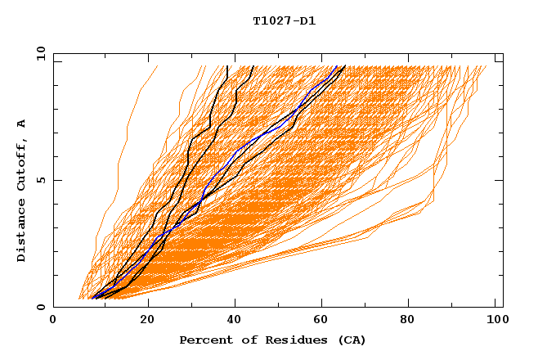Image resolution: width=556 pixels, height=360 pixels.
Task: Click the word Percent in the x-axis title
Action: (204, 340)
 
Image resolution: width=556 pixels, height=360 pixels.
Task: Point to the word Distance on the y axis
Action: (22, 230)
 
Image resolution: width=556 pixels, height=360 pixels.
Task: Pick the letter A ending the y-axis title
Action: (22, 124)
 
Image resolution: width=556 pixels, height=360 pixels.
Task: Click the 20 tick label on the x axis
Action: (147, 320)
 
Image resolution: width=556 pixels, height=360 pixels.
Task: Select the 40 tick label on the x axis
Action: (236, 320)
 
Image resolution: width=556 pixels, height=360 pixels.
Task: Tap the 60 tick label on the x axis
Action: (325, 320)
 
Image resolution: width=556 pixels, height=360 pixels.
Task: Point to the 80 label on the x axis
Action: (414, 320)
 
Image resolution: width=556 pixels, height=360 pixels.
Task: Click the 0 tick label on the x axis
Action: (54, 320)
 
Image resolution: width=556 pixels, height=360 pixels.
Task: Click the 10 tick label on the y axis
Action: (38, 53)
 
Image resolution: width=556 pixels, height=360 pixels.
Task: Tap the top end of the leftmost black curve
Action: (227, 66)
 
